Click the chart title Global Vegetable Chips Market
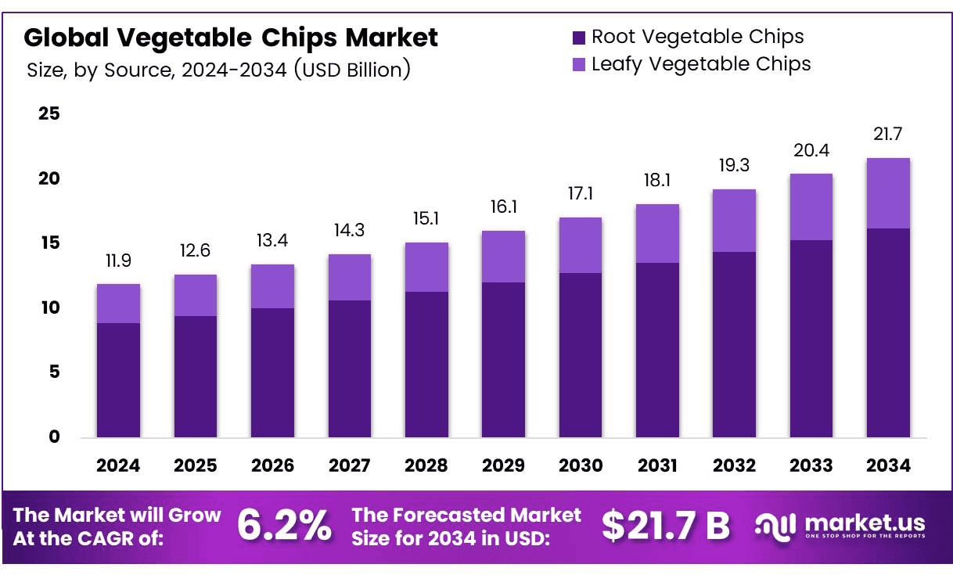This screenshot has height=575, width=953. click(231, 37)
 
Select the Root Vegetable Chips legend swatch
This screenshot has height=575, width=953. click(579, 37)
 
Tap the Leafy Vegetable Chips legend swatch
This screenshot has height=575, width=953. click(579, 64)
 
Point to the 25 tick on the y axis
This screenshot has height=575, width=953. click(49, 114)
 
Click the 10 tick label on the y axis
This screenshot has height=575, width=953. click(49, 307)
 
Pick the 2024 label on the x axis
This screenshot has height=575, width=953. click(118, 465)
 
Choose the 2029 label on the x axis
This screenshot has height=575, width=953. click(503, 465)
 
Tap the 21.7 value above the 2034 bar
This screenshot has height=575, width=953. click(888, 135)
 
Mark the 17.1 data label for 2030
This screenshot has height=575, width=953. click(580, 195)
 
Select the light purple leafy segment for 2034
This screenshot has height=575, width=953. click(888, 193)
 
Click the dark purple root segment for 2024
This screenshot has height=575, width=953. click(118, 379)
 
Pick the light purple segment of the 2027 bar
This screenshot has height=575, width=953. click(350, 277)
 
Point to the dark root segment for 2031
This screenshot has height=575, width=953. click(657, 350)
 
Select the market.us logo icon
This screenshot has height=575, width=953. click(775, 526)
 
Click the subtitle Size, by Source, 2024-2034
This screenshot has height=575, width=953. click(219, 70)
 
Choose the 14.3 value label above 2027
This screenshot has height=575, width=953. click(350, 231)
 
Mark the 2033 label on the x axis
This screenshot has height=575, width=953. click(811, 465)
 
